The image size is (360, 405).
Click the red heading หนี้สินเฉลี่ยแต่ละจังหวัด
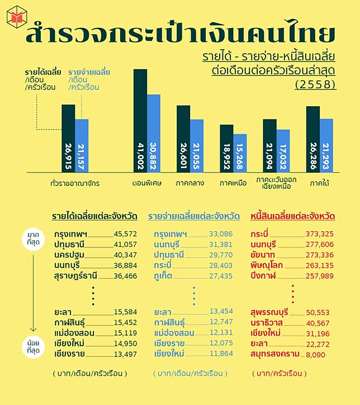click(293, 216)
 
